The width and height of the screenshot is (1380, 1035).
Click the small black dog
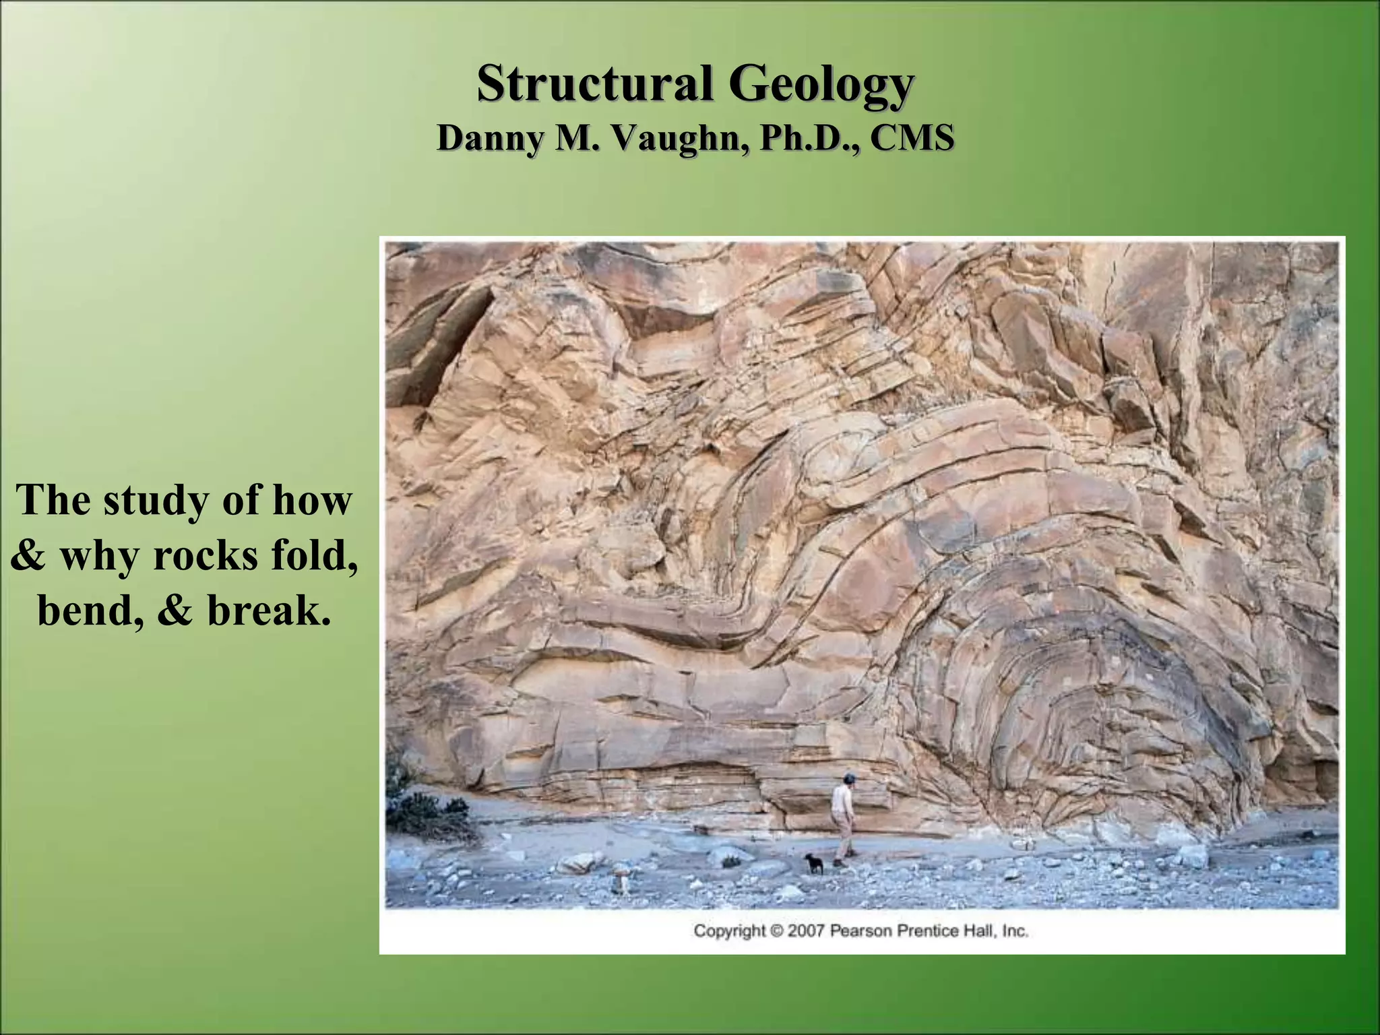[814, 862]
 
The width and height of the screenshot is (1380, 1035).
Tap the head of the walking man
[850, 780]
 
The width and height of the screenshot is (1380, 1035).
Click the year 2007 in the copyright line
[806, 931]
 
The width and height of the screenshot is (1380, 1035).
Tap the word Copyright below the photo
[730, 931]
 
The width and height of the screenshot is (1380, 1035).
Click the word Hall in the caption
[982, 931]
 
